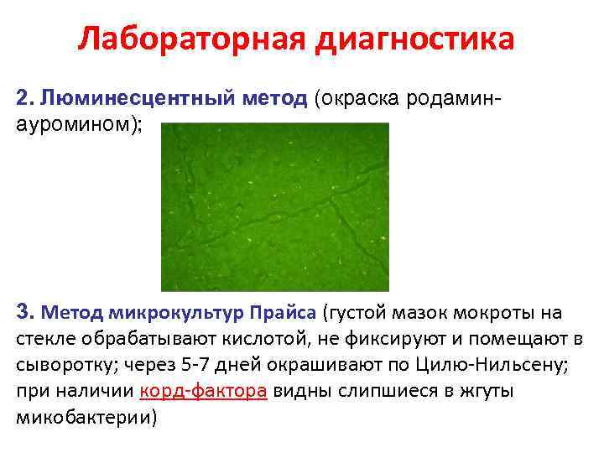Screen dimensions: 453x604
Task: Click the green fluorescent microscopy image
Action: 275,206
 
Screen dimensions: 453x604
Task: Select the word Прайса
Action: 281,313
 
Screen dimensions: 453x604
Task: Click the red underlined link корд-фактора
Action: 203,391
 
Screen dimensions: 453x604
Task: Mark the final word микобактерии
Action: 81,417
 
